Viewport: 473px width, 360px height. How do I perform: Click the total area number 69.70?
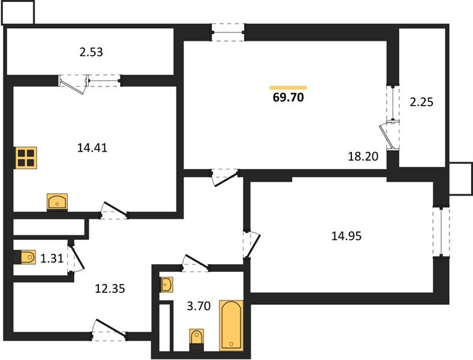pos(288,97)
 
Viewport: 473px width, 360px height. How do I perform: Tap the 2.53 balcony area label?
pos(91,52)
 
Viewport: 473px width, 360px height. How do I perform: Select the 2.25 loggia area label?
pos(421,102)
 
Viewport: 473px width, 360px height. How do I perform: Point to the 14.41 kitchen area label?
pos(92,148)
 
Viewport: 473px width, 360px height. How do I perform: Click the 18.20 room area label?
pos(363,156)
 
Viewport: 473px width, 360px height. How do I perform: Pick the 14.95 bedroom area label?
pos(347,236)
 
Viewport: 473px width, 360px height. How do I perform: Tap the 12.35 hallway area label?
pos(110,289)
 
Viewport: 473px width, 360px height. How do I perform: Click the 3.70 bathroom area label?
pos(198,306)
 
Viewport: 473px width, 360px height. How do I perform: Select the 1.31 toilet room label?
pos(52,258)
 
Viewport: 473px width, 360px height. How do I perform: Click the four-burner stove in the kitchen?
pos(26,158)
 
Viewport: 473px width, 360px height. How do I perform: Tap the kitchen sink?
pos(57,201)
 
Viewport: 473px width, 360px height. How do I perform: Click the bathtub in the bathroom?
pos(231,325)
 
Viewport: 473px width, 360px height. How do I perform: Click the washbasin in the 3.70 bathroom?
pos(167,284)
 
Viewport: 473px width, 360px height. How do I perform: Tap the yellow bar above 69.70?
pos(288,88)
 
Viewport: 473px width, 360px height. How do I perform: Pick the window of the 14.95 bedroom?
pos(441,232)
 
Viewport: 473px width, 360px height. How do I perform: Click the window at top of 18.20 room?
pos(228,32)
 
